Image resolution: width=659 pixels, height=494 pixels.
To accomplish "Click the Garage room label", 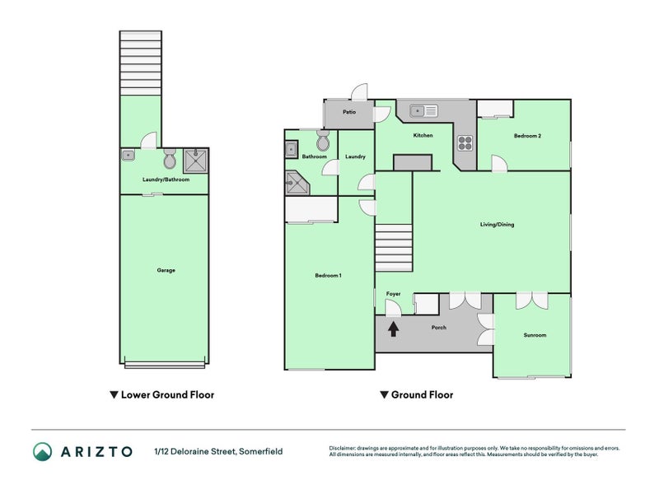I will click(166, 270).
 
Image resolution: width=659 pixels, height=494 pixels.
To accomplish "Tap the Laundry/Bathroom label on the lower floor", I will click(166, 179).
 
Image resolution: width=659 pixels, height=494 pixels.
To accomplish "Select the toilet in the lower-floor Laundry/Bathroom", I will click(170, 156).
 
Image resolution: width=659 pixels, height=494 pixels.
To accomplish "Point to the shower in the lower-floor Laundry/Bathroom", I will click(195, 158).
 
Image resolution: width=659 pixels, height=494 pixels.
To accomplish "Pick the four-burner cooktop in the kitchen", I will click(465, 142).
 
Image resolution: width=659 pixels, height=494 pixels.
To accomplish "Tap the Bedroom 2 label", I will click(527, 136).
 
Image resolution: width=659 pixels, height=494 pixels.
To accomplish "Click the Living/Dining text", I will click(498, 224).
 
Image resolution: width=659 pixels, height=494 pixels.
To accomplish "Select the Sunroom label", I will click(535, 335).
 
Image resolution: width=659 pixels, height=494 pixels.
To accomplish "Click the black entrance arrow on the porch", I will click(394, 329).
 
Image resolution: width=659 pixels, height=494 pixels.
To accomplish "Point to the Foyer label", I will click(394, 292).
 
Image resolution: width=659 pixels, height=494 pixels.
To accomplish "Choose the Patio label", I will click(349, 112).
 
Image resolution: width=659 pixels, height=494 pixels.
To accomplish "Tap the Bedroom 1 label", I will click(328, 275).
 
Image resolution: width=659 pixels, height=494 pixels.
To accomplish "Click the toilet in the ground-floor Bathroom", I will click(322, 137).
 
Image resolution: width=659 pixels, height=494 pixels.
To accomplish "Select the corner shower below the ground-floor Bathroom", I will click(296, 184).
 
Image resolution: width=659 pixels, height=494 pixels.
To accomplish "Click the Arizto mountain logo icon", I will click(42, 451).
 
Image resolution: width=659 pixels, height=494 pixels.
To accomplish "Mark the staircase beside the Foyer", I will click(393, 248).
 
